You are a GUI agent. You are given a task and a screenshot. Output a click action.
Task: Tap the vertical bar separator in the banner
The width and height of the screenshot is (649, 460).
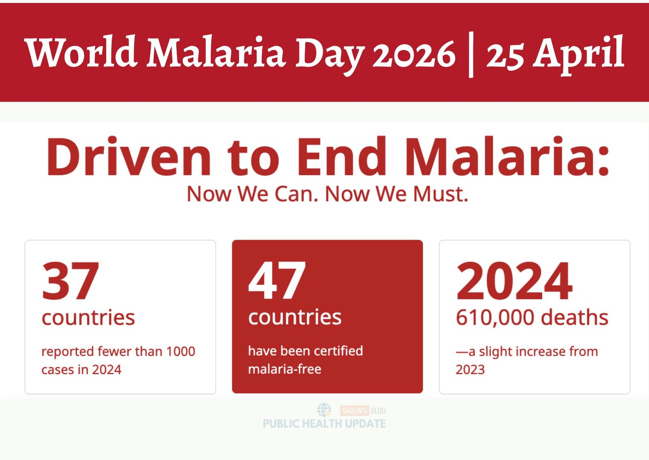(x=471, y=54)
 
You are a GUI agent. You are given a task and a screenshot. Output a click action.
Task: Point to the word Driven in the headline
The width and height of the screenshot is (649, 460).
(x=128, y=156)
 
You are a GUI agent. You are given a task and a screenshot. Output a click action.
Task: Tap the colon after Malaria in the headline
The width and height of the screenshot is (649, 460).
(x=603, y=160)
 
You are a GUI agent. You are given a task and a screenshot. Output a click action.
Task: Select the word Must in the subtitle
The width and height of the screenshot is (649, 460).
(x=441, y=194)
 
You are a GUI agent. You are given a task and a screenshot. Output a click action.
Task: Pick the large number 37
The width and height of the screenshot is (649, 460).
(x=71, y=280)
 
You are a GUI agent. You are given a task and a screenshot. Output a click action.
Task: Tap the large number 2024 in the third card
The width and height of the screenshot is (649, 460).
(x=514, y=280)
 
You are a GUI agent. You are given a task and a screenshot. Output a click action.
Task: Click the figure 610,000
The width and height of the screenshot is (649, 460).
(x=495, y=318)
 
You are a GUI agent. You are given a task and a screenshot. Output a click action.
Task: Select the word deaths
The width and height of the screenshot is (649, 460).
(x=574, y=317)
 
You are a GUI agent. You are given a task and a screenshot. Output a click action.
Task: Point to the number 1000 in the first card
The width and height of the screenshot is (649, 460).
(x=181, y=351)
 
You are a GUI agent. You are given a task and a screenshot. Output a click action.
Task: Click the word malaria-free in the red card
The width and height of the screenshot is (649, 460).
(x=285, y=369)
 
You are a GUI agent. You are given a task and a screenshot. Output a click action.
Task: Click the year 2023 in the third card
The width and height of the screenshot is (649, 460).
(x=470, y=369)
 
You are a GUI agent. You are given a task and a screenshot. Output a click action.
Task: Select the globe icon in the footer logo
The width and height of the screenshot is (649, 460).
(x=324, y=410)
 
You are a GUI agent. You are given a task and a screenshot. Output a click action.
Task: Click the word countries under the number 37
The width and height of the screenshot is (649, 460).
(x=88, y=317)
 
